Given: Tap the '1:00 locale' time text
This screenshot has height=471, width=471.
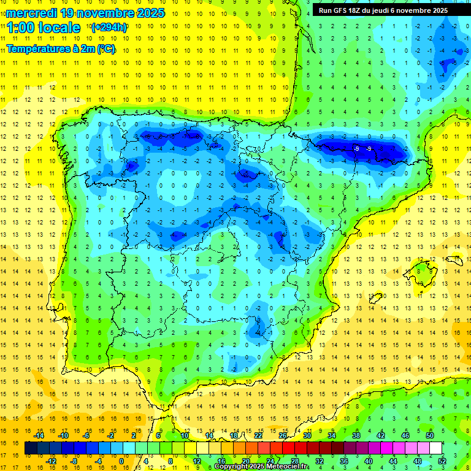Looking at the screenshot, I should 44,28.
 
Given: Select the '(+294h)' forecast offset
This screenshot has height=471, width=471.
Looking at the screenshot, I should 109,28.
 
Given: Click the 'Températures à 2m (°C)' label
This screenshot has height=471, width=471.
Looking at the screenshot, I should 61,48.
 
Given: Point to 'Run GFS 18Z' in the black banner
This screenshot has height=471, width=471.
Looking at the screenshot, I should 340,10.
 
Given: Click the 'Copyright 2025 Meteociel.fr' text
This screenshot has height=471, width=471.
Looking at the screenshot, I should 261,467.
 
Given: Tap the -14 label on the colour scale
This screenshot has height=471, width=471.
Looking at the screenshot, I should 39,435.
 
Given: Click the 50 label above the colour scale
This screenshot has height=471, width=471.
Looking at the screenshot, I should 430,435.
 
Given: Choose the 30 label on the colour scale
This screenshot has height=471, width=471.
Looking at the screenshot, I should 307,435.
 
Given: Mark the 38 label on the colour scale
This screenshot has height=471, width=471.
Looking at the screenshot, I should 356,435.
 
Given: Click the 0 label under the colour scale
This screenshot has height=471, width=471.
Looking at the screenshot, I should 121,461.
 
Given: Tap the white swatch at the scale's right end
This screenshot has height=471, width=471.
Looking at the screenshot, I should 435,448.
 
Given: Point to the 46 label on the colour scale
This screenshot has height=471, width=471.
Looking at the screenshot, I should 405,435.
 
